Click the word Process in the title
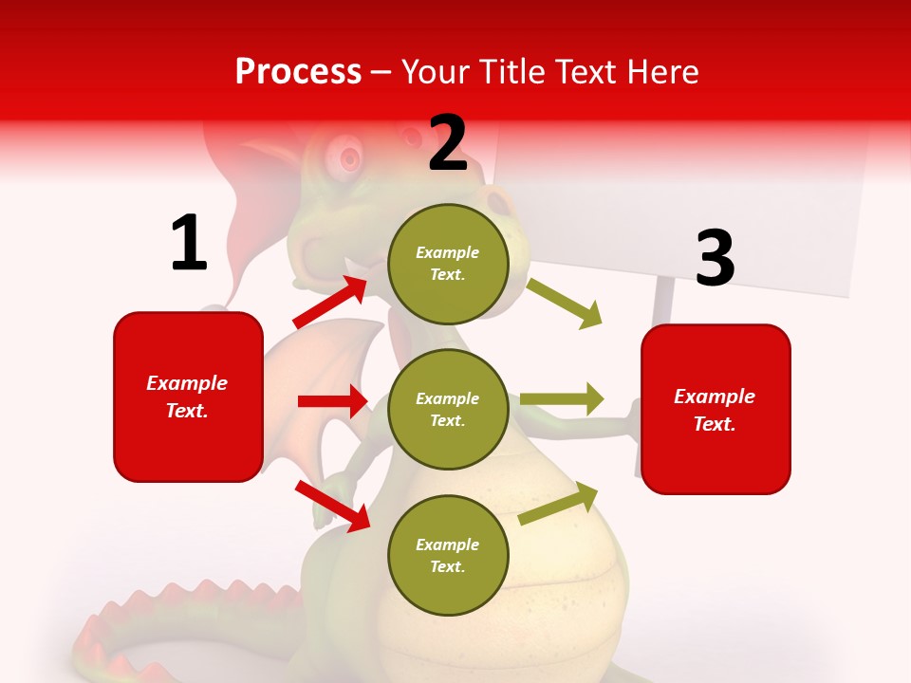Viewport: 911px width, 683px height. [298, 71]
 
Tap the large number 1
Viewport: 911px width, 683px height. [189, 244]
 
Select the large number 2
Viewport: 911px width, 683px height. [448, 143]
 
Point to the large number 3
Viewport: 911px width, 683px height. [715, 258]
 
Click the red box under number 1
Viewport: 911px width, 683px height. [188, 397]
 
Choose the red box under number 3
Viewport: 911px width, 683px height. [716, 410]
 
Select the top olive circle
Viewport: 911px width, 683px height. [448, 264]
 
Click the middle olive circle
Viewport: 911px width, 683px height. [448, 409]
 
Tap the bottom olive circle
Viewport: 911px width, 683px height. [448, 555]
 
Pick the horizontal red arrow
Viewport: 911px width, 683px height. [332, 401]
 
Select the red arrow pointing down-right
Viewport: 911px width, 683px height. [332, 506]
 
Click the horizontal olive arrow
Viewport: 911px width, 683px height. [561, 399]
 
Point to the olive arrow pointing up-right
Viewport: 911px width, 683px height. [559, 504]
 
